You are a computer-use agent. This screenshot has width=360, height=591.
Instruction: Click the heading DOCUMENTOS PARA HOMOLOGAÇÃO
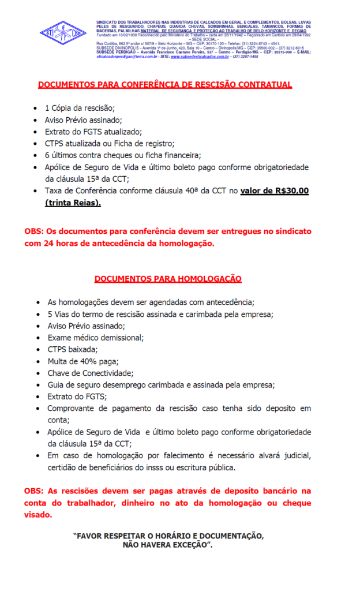(x=168, y=279)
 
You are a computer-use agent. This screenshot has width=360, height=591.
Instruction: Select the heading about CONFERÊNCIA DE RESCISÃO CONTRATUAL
(x=165, y=85)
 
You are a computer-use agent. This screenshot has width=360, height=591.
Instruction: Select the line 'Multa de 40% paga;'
(x=83, y=361)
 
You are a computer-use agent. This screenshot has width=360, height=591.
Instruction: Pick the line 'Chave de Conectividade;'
(x=90, y=373)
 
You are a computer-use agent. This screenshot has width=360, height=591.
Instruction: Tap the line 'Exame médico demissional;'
(x=95, y=338)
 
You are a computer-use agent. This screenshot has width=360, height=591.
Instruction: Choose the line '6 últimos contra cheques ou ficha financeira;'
(x=122, y=155)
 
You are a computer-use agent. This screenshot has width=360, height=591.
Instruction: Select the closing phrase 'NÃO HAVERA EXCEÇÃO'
(x=167, y=544)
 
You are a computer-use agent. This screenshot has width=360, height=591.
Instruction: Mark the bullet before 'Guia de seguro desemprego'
(x=38, y=385)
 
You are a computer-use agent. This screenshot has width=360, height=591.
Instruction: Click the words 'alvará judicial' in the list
(x=283, y=456)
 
